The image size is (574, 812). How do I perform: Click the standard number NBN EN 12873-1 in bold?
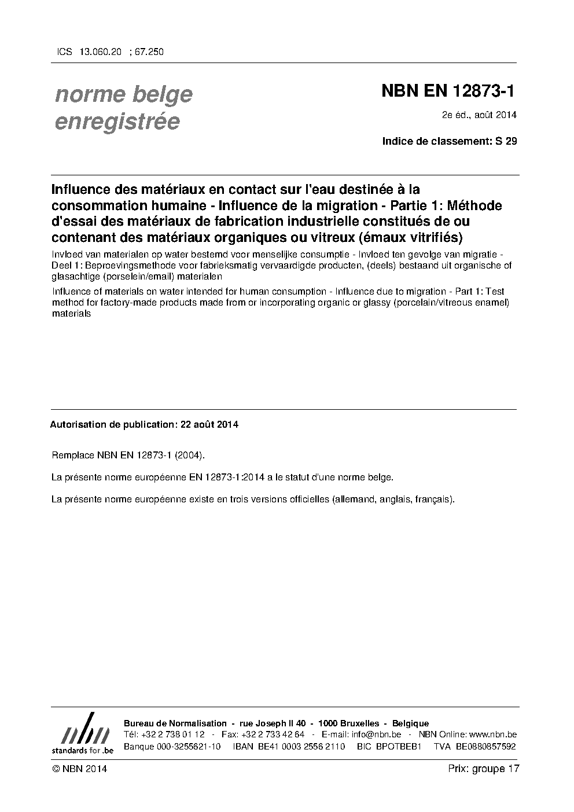pos(448,91)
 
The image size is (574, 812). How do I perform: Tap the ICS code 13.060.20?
pos(101,52)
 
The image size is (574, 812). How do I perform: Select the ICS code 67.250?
pos(149,52)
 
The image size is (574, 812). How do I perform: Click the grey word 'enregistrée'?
pos(117,122)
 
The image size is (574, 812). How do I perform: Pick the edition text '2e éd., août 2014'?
pos(479,115)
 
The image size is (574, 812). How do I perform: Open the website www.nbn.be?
pos(493,734)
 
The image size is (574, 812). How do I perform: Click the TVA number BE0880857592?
pos(485,747)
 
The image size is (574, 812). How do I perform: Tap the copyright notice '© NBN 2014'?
pos(79,769)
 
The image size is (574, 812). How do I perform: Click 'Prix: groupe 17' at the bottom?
pos(483,769)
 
